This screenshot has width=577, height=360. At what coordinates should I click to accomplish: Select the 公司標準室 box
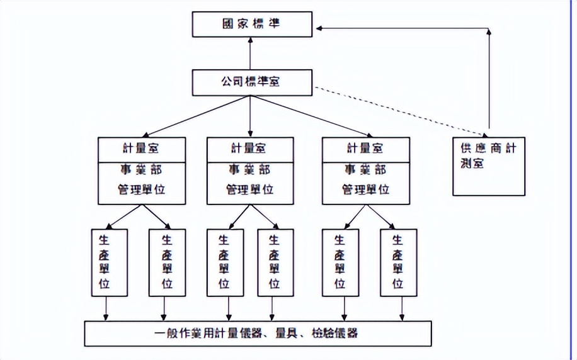pyautogui.click(x=251, y=82)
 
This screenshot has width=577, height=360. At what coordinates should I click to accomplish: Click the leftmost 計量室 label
pyautogui.click(x=142, y=149)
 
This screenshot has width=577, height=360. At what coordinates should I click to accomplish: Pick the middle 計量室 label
pyautogui.click(x=250, y=149)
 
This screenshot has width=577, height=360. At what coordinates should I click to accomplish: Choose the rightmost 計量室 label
pyautogui.click(x=365, y=149)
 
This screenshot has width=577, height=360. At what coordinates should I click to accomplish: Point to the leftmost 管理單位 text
pyautogui.click(x=142, y=189)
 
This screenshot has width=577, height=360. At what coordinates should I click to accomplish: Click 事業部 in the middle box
pyautogui.click(x=250, y=169)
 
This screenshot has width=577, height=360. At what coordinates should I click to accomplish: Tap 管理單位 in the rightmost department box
pyautogui.click(x=365, y=189)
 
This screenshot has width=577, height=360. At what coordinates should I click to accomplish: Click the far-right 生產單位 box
pyautogui.click(x=397, y=262)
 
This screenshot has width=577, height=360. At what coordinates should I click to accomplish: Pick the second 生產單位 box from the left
pyautogui.click(x=167, y=262)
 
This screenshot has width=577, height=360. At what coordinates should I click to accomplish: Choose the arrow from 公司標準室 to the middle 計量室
pyautogui.click(x=251, y=116)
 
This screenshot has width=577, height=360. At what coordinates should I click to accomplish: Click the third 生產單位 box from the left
pyautogui.click(x=224, y=262)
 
